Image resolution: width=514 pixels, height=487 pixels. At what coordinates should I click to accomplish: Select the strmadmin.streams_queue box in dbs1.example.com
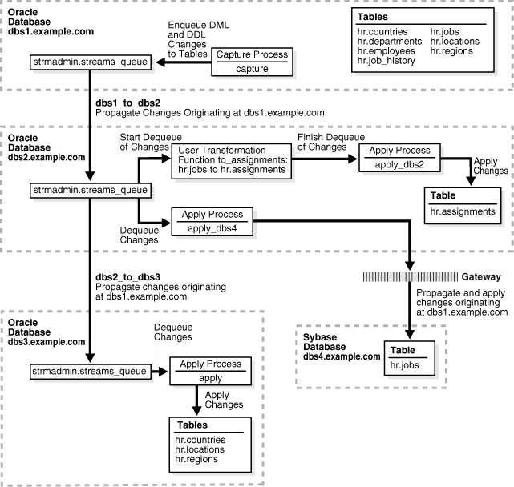point(88,62)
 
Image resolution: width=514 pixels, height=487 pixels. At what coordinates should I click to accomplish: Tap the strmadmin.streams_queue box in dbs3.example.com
point(88,372)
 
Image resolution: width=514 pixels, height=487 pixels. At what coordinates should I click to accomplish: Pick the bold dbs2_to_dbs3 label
point(126,276)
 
